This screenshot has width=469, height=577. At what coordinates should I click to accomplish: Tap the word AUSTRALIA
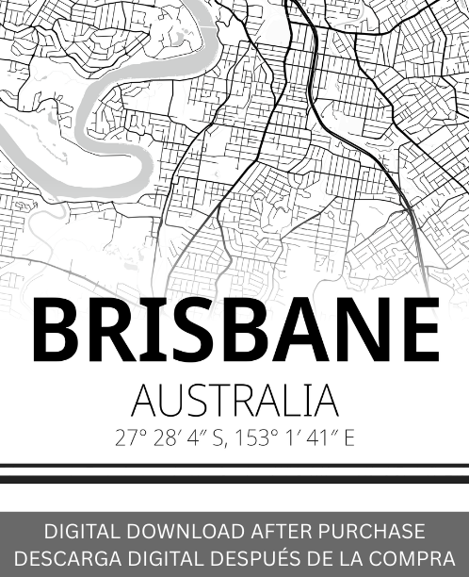[x=234, y=402]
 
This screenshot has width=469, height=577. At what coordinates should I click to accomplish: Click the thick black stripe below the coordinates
[x=234, y=479]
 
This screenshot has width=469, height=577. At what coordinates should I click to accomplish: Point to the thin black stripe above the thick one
[x=234, y=466]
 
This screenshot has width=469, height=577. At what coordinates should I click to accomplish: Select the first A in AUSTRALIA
[x=144, y=402]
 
